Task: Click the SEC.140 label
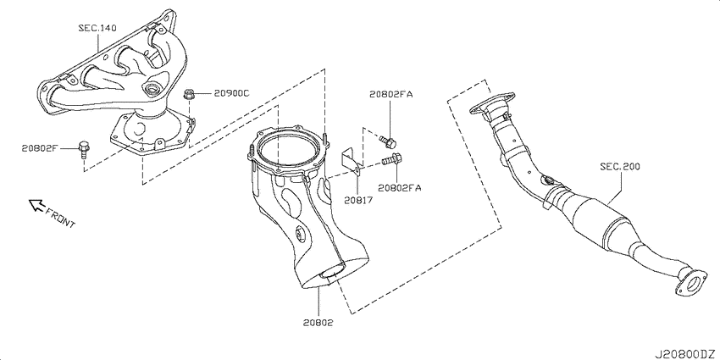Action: point(97,29)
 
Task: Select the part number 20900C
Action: point(231,93)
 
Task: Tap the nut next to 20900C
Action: point(188,95)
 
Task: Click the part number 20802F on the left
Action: point(39,148)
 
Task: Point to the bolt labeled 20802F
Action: point(84,149)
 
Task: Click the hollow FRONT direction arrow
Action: point(36,205)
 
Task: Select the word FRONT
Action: point(60,217)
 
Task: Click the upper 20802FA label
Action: point(391,94)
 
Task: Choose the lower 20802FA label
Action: point(399,187)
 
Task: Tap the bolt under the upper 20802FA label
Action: point(388,142)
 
